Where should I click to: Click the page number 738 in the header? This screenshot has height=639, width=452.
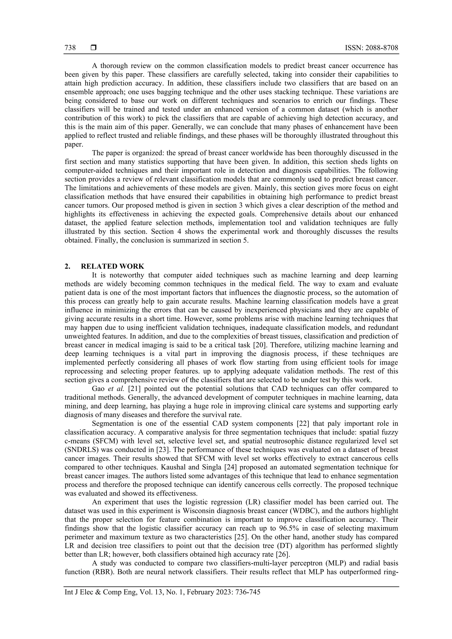[x=70, y=48]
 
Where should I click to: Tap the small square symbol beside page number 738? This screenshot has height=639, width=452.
[x=93, y=48]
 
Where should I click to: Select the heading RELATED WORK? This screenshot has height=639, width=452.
[x=113, y=266]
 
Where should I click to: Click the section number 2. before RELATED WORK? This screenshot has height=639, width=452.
[x=67, y=266]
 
